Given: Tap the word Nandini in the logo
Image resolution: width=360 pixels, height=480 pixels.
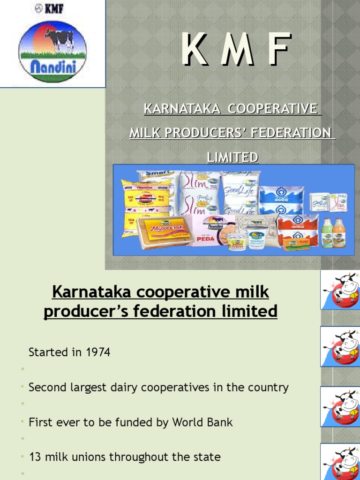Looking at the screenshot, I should point(52,68).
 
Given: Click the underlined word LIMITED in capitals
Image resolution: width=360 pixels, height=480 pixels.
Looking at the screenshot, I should point(232,157).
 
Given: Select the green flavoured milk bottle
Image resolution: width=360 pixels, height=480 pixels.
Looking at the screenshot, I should point(327,233).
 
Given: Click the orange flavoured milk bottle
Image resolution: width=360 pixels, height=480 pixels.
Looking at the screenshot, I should point(339,233).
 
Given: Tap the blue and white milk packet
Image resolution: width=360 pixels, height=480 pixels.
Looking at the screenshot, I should point(281,199).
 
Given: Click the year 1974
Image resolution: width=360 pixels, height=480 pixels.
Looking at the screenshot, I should point(98,352).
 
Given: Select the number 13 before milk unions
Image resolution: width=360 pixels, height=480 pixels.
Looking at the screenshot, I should point(35,457).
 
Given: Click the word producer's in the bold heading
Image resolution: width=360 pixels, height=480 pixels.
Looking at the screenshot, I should point(84,311).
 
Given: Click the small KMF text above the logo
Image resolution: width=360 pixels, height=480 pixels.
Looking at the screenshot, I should point(51,8).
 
